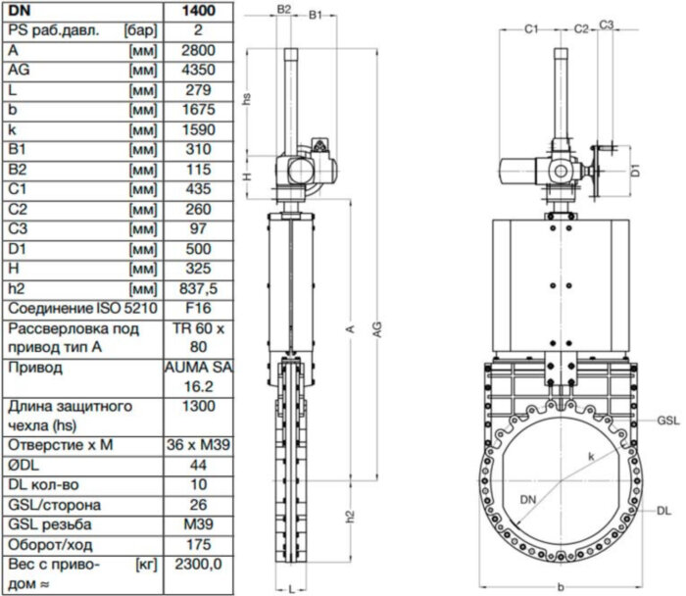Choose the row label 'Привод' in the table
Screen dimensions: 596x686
pos(35,368)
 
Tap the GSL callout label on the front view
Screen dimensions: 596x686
pos(668,419)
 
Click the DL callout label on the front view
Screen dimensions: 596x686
pos(665,511)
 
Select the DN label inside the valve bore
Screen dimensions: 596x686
pos(529,501)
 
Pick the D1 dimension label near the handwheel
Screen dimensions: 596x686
pos(634,170)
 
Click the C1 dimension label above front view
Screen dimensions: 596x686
pos(530,29)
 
